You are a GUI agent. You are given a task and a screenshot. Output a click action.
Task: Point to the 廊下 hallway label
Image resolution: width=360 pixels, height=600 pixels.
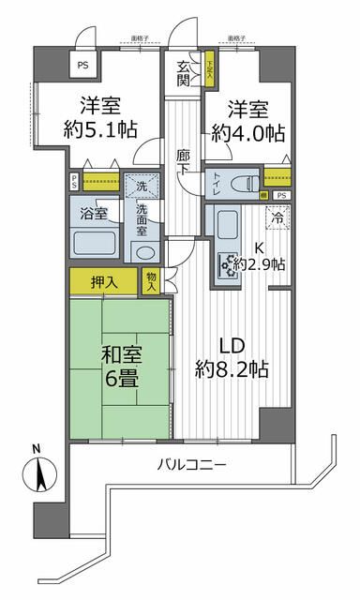point(183,159)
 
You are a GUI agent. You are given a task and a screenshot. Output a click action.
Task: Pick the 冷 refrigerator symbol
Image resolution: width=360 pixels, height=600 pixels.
point(278,217)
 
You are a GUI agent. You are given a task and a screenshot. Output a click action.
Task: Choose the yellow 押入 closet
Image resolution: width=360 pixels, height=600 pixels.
point(102,280)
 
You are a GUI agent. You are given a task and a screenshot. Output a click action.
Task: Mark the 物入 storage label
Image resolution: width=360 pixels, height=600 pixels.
point(152,279)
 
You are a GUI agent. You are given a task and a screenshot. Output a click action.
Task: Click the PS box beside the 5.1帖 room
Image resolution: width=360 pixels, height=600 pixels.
point(83,65)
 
